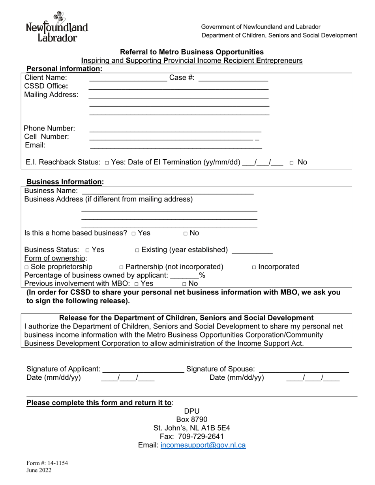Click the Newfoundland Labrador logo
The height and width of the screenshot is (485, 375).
pos(57,27)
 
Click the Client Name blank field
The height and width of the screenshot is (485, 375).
pos(128,79)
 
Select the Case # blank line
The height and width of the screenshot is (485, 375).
pos(233,79)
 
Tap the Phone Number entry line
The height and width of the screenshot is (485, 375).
pos(175,129)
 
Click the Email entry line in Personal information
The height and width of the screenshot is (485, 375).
pos(176,146)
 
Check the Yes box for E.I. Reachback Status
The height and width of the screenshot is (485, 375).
pos(107,162)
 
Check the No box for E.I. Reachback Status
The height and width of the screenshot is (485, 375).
pos(291,162)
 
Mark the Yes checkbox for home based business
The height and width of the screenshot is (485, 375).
pos(134,233)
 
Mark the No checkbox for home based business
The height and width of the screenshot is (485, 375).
pos(186,233)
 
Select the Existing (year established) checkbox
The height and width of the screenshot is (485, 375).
pos(137,250)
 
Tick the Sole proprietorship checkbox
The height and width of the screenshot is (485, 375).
pos(26,267)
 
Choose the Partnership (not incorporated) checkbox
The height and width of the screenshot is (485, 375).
pos(121,267)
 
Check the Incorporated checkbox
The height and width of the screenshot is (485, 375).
pos(254,267)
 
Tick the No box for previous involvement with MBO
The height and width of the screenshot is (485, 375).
pos(184,284)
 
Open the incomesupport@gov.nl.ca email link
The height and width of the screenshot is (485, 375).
pos(203,445)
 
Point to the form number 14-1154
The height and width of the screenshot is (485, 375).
pos(47,463)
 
